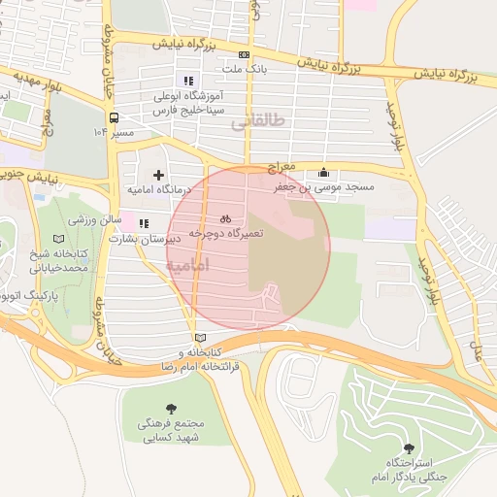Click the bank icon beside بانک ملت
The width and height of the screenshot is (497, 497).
coord(244,55)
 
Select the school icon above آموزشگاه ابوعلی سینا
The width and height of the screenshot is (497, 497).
coord(188,81)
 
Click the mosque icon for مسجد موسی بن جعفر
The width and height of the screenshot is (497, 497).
coord(323,172)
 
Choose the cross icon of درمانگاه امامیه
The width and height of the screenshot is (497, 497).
coord(158,175)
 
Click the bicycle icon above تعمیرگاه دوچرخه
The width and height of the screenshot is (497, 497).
coord(225,219)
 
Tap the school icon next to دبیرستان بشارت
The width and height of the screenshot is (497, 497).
coord(144,223)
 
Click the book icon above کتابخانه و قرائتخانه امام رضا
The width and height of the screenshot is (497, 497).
coord(201,336)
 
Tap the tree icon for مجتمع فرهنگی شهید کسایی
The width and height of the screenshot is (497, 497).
coord(172,409)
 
